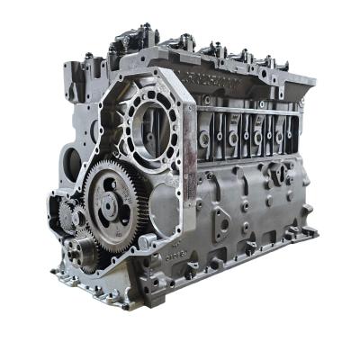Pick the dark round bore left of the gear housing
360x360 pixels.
tap(72, 165)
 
